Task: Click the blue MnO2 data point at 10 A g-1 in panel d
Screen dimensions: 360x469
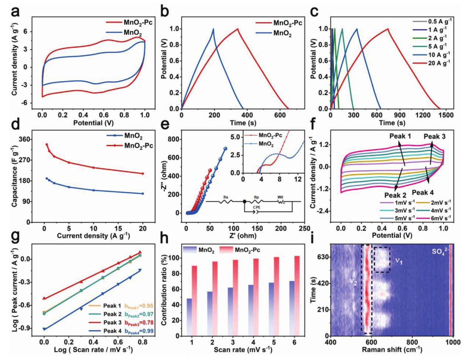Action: (94, 190)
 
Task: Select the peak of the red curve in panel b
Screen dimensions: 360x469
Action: (238, 29)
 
